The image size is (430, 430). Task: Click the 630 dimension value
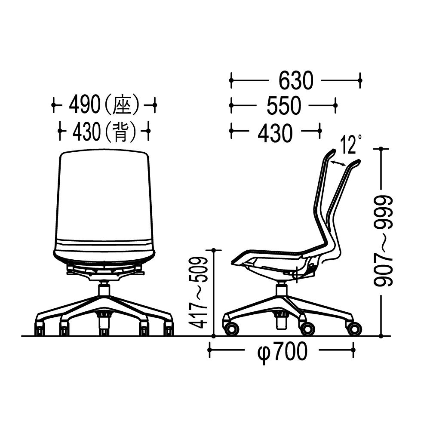[296, 80]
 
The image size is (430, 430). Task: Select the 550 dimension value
[284, 105]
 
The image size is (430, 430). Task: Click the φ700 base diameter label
[283, 352]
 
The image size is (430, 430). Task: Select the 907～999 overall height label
[384, 241]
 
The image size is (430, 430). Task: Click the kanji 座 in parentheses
[122, 105]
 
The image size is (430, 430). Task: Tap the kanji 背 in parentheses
[120, 132]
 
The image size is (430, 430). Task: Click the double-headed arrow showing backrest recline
[338, 163]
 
